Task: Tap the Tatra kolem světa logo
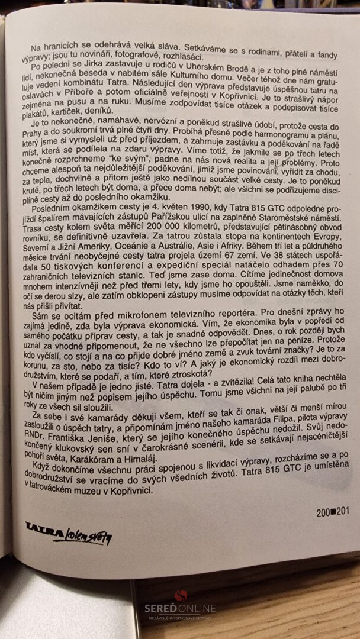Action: (67, 534)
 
